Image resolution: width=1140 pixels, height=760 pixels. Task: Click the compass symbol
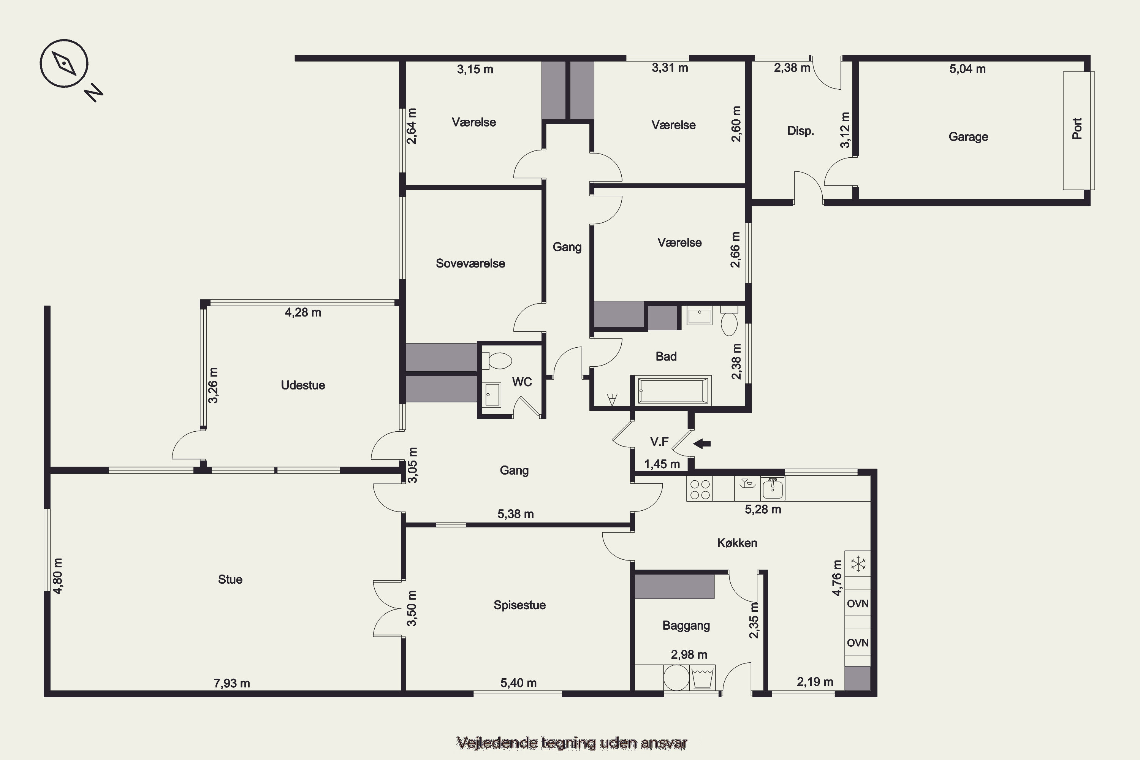point(64,63)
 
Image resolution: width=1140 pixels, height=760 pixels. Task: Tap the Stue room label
point(230,579)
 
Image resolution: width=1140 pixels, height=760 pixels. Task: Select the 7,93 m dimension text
point(232,683)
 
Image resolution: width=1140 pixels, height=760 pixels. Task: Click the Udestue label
point(303,385)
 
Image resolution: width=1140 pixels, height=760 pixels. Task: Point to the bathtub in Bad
point(671,390)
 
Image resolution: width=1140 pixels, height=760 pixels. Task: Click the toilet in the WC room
point(497,361)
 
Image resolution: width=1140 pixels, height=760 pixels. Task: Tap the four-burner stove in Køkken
point(700,489)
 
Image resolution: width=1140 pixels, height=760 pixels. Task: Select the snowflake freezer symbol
point(858,564)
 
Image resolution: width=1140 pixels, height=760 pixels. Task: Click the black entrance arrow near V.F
point(702,443)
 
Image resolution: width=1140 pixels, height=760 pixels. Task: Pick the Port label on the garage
point(1077,128)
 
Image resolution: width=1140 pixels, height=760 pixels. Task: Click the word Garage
point(968,137)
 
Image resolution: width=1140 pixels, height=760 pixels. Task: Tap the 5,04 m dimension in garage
point(967,69)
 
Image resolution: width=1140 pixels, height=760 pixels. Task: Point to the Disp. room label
point(800,131)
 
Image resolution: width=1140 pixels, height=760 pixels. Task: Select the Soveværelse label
point(470,263)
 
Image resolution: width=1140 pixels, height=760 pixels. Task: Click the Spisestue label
point(519,605)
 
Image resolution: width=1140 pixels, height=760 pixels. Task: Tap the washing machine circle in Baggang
point(676,678)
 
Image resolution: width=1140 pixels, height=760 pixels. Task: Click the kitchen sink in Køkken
point(773,489)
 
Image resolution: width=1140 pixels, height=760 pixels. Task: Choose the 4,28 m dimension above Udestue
point(303,313)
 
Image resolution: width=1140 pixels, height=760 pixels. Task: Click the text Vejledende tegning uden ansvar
point(572,743)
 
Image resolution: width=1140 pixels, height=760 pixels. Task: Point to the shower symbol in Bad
point(612,399)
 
